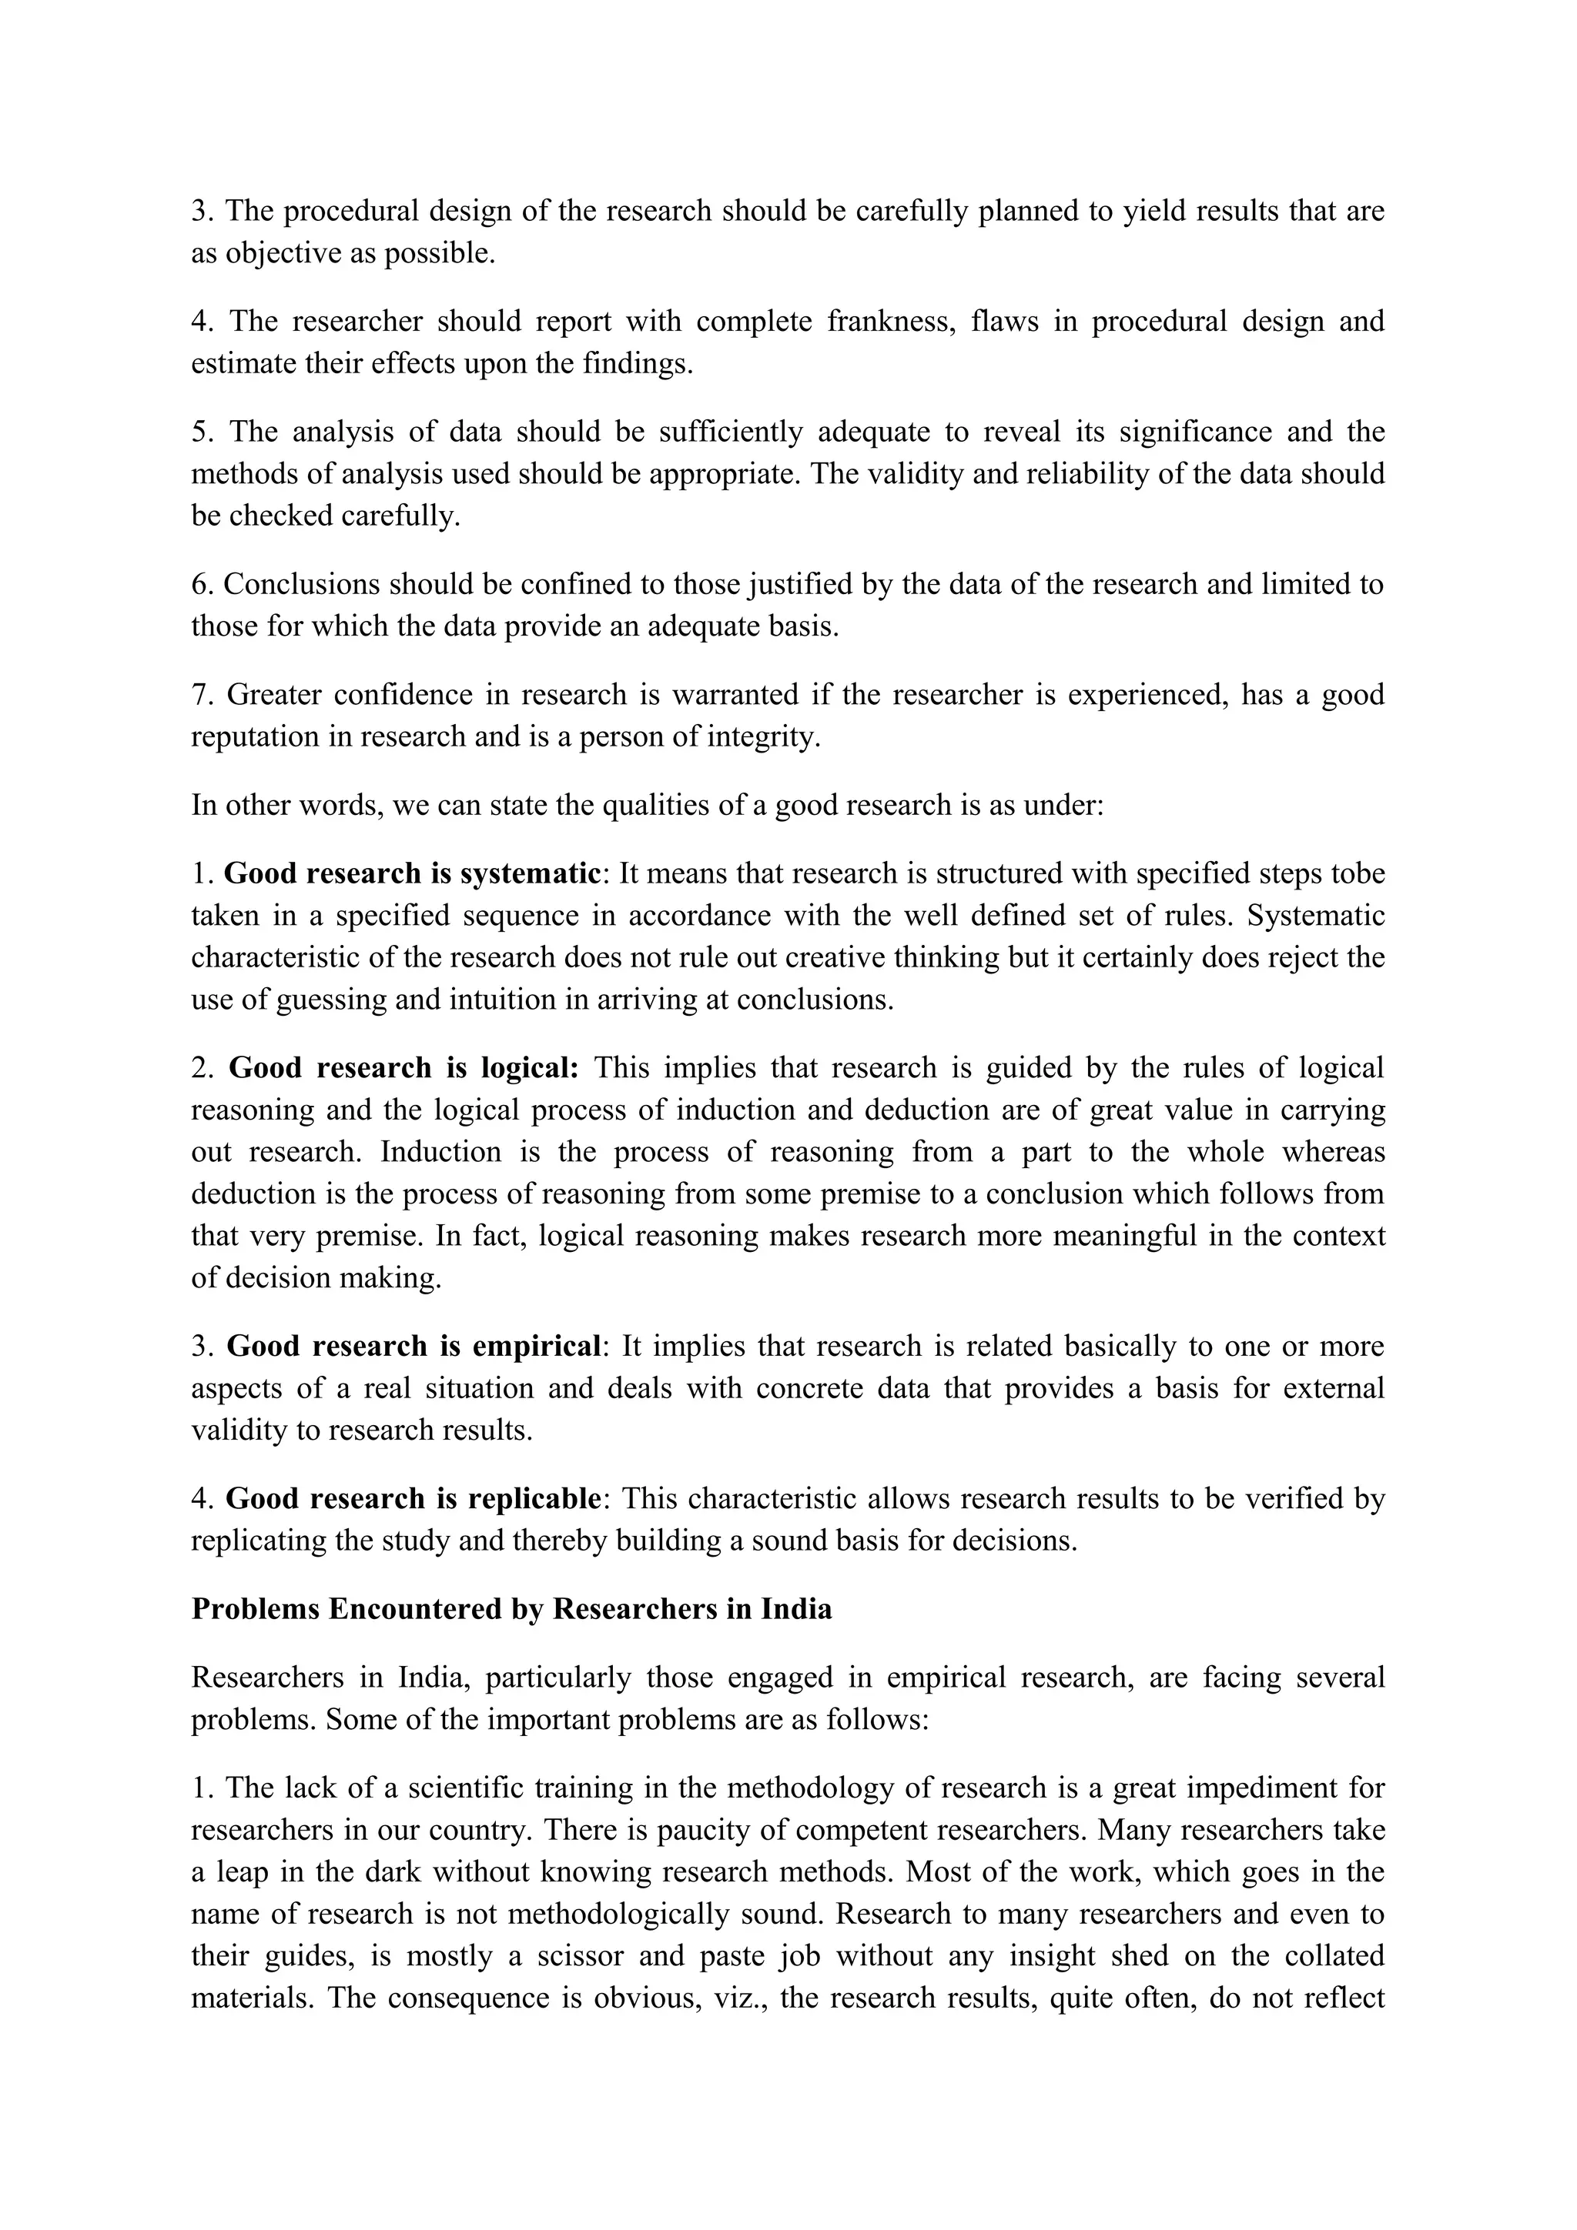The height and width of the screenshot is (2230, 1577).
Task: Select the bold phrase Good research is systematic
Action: point(411,874)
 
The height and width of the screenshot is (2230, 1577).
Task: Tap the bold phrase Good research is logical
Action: point(403,1068)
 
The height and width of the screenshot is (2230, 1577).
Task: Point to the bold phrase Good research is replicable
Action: point(413,1500)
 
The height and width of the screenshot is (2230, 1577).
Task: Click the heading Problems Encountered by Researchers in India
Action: point(511,1611)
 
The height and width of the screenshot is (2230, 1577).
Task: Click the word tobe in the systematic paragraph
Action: point(1358,874)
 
